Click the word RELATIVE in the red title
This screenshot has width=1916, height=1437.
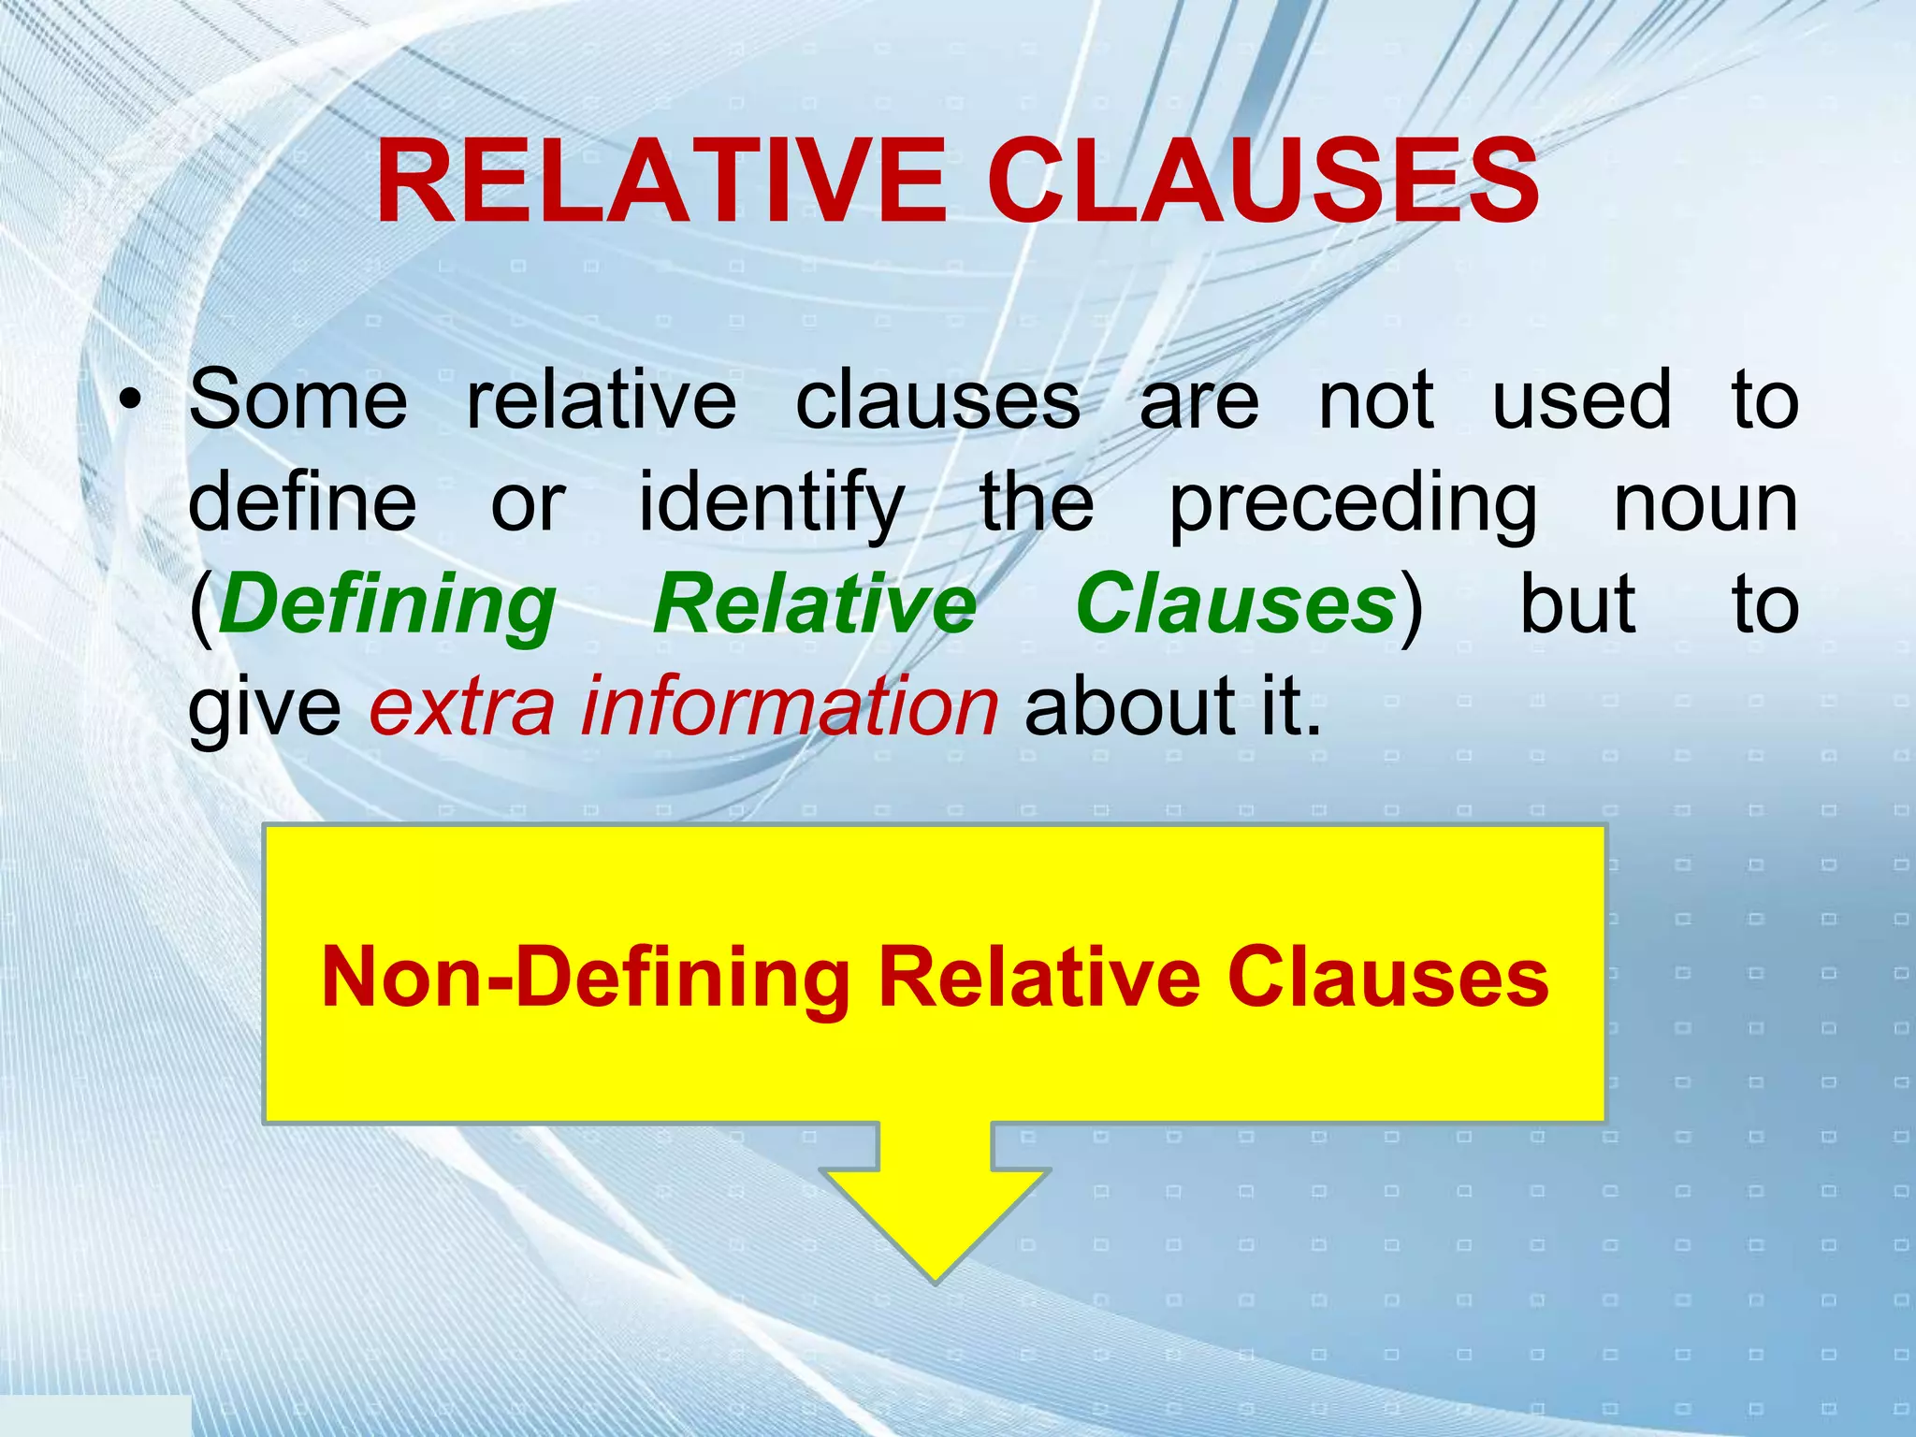660,181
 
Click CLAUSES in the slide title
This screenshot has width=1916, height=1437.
1262,181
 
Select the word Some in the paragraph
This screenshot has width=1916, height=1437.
298,400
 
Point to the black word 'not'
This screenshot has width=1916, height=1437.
1375,400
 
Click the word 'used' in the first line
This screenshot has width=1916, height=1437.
1581,400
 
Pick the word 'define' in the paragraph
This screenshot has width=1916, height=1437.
302,502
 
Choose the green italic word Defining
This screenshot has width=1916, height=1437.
387,606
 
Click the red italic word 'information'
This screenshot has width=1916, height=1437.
789,706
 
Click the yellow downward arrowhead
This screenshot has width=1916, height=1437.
935,1216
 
